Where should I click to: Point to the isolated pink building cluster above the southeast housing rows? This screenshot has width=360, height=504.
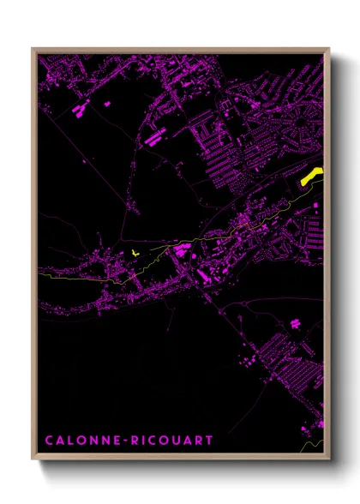[x=296, y=324]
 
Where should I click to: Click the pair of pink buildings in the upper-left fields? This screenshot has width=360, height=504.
[x=82, y=109]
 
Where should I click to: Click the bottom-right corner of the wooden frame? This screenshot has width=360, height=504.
[x=329, y=460]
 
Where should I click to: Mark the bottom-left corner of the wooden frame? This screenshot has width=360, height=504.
[x=33, y=460]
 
